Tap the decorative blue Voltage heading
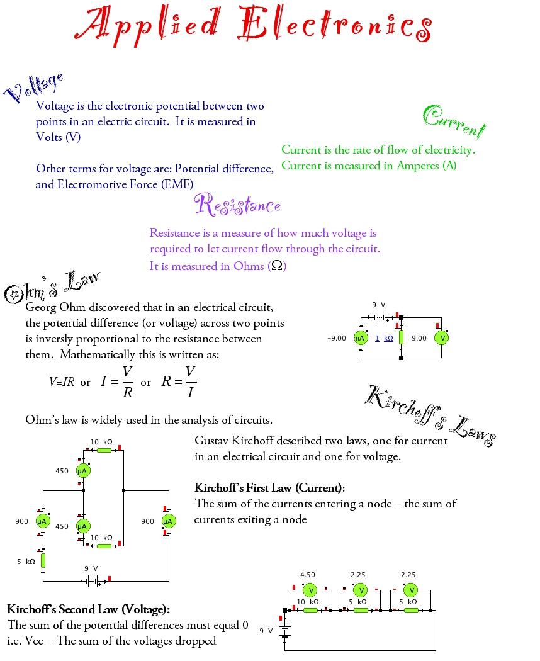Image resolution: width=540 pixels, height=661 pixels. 34,88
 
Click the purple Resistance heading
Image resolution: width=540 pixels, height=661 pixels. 237,205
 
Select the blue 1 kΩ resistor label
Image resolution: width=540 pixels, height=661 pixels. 384,339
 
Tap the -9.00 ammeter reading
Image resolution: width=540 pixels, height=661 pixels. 337,339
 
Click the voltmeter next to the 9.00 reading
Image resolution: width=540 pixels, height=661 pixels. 442,338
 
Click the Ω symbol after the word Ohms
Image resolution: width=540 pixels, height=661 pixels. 276,266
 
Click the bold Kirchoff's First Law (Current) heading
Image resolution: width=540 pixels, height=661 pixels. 270,488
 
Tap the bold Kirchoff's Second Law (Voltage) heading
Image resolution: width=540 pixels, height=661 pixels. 89,609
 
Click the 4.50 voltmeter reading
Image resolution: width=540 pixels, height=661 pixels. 308,575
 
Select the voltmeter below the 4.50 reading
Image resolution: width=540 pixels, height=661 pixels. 309,590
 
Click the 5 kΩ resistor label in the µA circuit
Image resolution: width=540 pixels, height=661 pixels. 26,561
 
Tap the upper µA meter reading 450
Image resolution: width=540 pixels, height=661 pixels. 82,471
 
